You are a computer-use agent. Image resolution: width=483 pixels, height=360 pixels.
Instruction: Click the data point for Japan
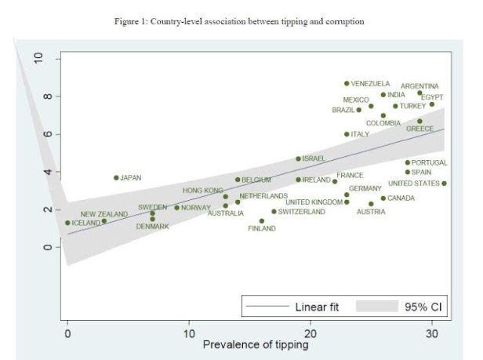click(116, 178)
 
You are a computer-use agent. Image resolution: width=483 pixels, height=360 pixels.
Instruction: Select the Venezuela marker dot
click(347, 83)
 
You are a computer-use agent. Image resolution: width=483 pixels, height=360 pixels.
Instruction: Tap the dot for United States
click(444, 184)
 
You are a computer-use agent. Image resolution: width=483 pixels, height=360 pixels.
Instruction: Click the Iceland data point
click(67, 223)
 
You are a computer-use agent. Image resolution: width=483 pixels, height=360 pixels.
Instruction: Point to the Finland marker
click(262, 221)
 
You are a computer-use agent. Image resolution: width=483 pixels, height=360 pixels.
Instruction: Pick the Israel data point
click(299, 158)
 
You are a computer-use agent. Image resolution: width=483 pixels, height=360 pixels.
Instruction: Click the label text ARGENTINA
click(419, 86)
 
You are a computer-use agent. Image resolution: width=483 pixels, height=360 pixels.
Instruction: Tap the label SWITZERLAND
click(302, 212)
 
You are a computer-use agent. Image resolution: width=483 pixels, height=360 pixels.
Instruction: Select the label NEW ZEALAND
click(103, 214)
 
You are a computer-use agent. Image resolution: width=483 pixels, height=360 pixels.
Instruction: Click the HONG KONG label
click(202, 191)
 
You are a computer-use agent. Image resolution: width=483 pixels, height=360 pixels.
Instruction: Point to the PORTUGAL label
click(429, 163)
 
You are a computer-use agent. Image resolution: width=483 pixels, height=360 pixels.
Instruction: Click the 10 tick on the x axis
click(189, 333)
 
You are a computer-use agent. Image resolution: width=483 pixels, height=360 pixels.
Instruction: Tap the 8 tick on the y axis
click(48, 96)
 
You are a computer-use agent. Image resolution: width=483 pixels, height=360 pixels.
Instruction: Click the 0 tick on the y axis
click(48, 247)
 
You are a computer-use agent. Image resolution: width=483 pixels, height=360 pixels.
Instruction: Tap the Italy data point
click(347, 134)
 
